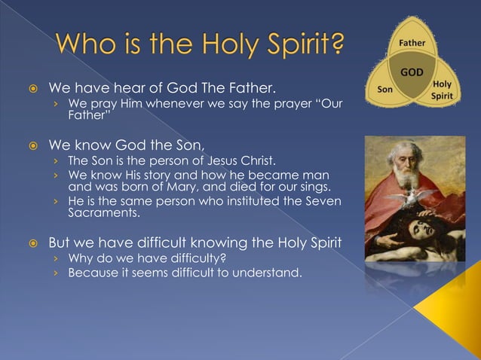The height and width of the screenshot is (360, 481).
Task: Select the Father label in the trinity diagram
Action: pyautogui.click(x=412, y=43)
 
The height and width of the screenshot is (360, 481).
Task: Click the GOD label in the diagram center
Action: pyautogui.click(x=412, y=72)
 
